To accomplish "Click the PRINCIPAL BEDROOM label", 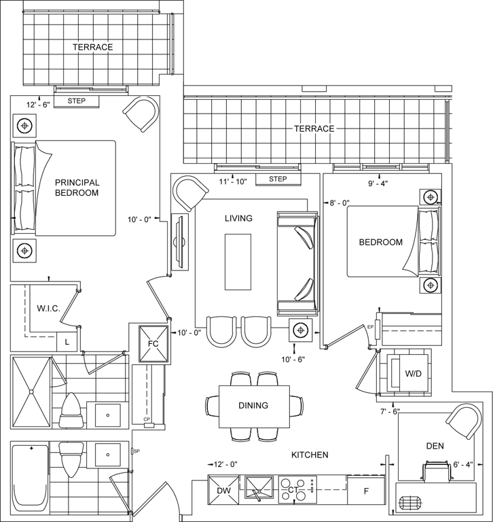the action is (x=77, y=188).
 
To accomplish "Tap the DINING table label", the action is (x=253, y=406).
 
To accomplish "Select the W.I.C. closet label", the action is (x=49, y=309).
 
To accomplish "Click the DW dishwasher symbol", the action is (x=223, y=490).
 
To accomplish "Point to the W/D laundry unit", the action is (x=409, y=373).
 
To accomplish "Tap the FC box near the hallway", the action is (x=153, y=343).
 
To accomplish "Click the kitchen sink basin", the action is (x=259, y=488).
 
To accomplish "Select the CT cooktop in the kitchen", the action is (x=297, y=489).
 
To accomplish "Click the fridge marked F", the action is (x=366, y=491).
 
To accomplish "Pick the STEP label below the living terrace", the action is (x=278, y=179).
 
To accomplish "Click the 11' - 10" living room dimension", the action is (x=233, y=181).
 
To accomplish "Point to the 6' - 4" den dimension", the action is (x=463, y=465).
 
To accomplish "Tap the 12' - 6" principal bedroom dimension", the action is (x=38, y=105).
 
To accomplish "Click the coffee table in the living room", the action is (x=238, y=262).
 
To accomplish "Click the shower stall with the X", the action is (x=31, y=391).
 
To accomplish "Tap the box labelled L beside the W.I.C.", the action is (x=67, y=342).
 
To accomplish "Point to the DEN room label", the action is (x=435, y=446).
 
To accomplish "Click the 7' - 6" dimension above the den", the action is (x=390, y=411).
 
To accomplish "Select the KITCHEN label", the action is (x=310, y=455).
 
